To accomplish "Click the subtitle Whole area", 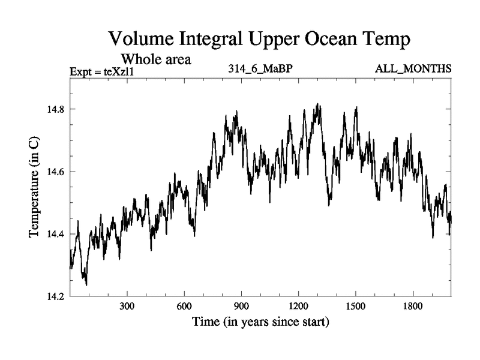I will coord(156,59).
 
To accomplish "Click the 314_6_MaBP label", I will coord(260,70).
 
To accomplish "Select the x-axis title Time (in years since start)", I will coord(260,322).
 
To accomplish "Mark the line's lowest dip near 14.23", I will coord(86,284).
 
